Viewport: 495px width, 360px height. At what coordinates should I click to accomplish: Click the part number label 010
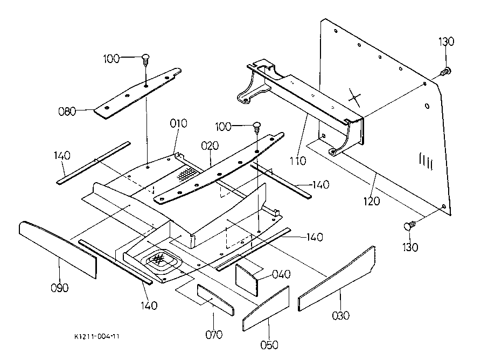[x=178, y=123]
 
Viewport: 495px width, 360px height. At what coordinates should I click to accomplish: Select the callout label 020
[x=210, y=146]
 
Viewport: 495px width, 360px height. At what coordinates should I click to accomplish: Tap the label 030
[x=340, y=315]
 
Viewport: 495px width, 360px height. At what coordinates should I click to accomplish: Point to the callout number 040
[x=281, y=274]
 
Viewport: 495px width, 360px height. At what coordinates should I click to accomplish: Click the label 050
[x=269, y=344]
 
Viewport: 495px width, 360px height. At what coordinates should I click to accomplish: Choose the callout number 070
[x=214, y=335]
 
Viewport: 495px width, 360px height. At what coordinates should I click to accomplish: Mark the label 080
[x=67, y=111]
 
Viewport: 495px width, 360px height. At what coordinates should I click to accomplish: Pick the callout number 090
[x=59, y=288]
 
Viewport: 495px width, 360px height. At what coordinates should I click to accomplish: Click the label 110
[x=298, y=161]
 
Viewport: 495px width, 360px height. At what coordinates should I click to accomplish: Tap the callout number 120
[x=372, y=201]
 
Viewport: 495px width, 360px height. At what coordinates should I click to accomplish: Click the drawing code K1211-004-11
[x=97, y=336]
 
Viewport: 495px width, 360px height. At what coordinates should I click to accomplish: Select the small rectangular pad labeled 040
[x=247, y=280]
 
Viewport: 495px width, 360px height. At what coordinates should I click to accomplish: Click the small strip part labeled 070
[x=215, y=300]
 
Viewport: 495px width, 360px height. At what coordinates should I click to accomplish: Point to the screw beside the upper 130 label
[x=446, y=72]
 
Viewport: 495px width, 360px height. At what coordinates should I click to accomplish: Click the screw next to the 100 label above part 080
[x=146, y=59]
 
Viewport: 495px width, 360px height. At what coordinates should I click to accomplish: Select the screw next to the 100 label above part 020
[x=257, y=127]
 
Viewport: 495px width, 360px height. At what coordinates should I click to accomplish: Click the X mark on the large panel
[x=355, y=96]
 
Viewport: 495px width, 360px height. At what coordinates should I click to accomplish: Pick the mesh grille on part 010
[x=187, y=174]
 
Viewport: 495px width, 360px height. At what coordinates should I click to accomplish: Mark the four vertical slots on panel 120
[x=426, y=161]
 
